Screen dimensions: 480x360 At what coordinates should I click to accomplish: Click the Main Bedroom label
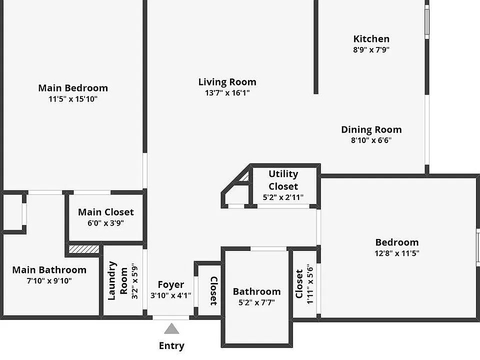(x=73, y=88)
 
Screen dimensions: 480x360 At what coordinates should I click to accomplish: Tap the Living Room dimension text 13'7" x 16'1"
(x=227, y=93)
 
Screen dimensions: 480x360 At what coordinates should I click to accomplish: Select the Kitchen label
(x=371, y=39)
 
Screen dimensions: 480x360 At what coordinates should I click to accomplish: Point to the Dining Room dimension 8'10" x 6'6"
(x=371, y=140)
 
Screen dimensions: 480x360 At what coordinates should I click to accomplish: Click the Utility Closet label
(x=283, y=180)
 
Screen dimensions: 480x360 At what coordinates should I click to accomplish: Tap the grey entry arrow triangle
(x=171, y=328)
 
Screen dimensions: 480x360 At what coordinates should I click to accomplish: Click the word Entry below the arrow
(x=171, y=346)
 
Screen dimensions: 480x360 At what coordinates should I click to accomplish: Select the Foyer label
(x=171, y=284)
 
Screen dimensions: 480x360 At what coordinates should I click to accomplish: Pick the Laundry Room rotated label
(x=117, y=281)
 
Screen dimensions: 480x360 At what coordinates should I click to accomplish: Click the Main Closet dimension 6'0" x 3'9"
(x=105, y=223)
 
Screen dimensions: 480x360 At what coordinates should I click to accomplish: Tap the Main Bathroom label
(x=49, y=270)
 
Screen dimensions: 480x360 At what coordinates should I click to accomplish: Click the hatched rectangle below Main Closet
(x=84, y=249)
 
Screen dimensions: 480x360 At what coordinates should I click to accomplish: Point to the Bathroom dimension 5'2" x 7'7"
(x=256, y=302)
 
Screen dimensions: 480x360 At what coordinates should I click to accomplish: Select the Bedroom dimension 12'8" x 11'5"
(x=396, y=253)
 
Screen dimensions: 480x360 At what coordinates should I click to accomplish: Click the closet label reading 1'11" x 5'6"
(x=310, y=284)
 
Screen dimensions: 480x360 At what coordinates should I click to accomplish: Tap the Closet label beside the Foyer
(x=213, y=291)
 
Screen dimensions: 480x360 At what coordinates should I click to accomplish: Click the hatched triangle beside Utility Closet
(x=245, y=177)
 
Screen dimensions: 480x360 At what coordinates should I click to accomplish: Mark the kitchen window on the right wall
(x=427, y=21)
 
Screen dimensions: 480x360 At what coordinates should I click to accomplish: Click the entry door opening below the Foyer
(x=171, y=318)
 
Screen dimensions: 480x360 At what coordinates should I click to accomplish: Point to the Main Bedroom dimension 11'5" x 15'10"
(x=73, y=99)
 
